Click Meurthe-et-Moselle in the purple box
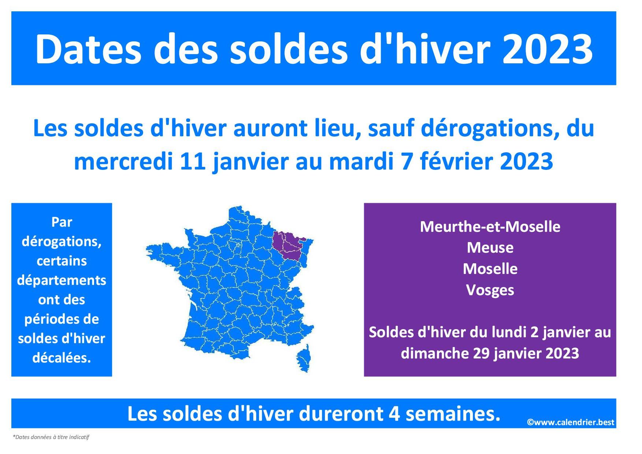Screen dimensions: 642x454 [490, 227]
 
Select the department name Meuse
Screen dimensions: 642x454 [490, 248]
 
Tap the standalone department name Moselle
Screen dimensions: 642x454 [490, 269]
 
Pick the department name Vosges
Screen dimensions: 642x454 [490, 290]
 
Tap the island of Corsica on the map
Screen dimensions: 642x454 [304, 358]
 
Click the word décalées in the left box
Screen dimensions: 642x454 [61, 358]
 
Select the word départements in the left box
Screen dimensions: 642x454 [61, 280]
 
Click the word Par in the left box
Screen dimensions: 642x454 [61, 222]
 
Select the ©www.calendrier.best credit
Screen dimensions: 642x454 [571, 422]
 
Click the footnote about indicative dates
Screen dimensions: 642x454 [51, 437]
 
